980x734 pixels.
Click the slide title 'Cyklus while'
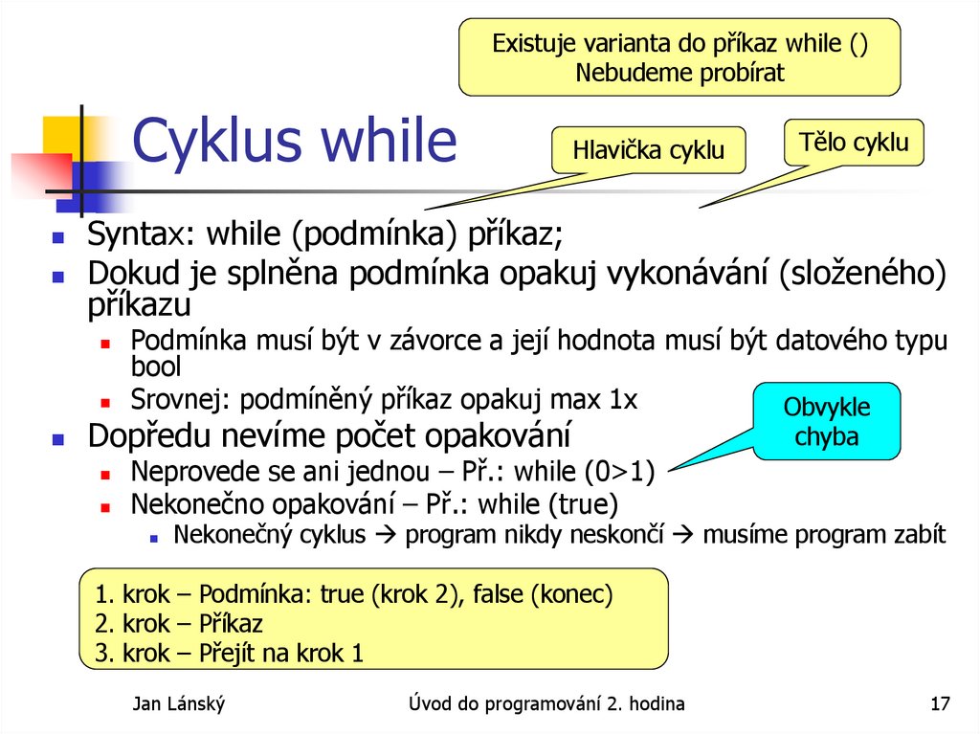tap(295, 142)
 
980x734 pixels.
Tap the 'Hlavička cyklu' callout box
tap(648, 150)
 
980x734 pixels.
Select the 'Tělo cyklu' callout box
tap(854, 145)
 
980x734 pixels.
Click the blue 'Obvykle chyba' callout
tap(827, 421)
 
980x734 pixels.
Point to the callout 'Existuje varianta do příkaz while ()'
tap(679, 57)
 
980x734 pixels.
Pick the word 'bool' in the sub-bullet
tap(155, 366)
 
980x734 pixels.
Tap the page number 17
tap(940, 705)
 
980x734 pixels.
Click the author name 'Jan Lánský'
tap(179, 705)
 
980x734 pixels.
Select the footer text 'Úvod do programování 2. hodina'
tap(546, 705)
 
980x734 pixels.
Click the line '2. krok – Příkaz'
tap(179, 624)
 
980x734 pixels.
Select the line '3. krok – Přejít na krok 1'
tap(230, 655)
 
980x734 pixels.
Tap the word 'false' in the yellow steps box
tap(491, 594)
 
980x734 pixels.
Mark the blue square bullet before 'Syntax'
tap(58, 235)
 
